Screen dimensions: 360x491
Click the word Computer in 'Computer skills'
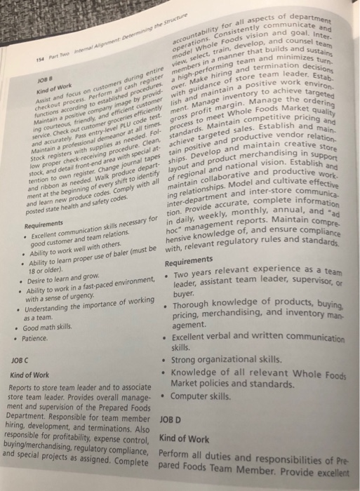211,396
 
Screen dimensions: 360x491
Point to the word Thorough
214,306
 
